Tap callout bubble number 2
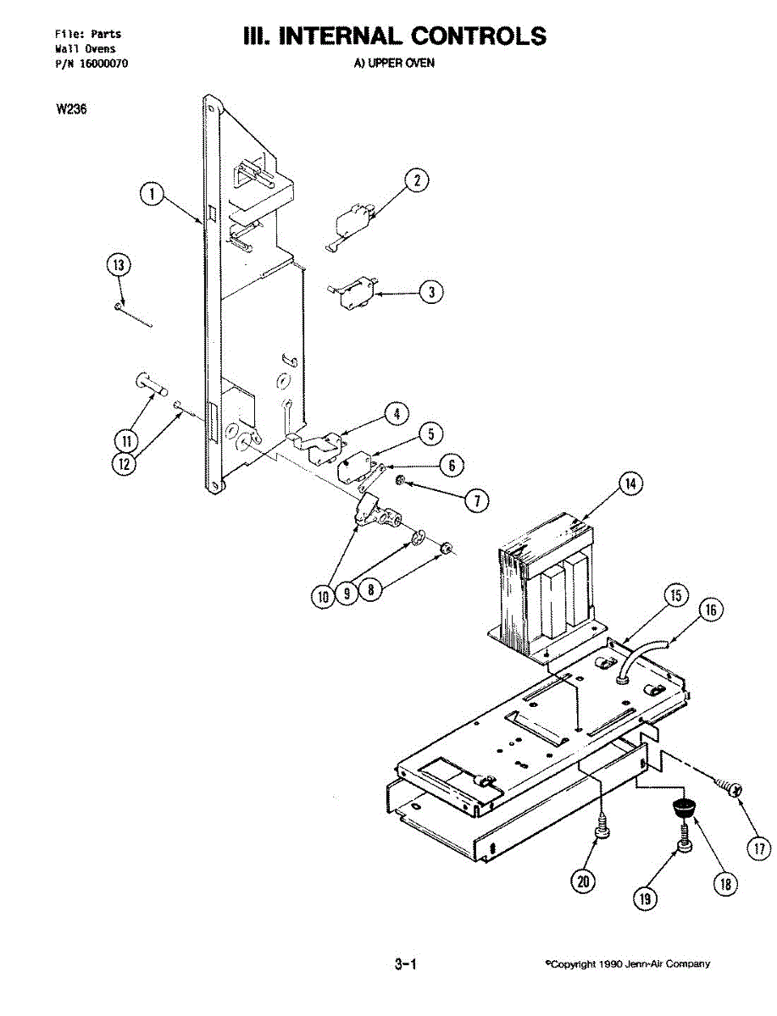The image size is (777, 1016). [x=415, y=179]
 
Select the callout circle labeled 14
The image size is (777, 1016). [x=629, y=484]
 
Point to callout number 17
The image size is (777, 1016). [x=758, y=848]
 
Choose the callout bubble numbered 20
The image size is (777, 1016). [x=583, y=881]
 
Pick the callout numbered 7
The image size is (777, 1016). [x=476, y=500]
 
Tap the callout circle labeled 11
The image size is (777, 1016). [x=126, y=440]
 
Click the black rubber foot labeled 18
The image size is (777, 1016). [x=682, y=808]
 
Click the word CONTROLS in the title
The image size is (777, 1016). [x=479, y=36]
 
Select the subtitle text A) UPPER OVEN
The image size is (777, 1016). [x=394, y=63]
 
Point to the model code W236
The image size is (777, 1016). [x=72, y=108]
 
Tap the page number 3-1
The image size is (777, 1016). [x=404, y=964]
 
